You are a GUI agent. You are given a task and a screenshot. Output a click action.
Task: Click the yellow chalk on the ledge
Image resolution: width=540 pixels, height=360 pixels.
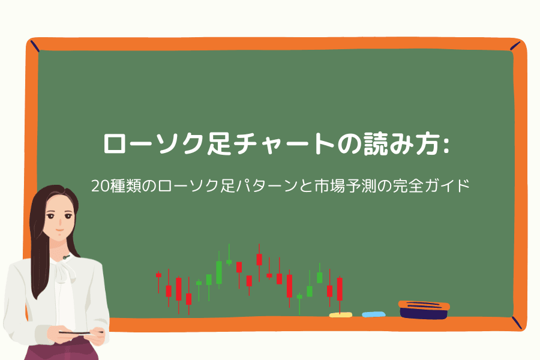click(341, 315)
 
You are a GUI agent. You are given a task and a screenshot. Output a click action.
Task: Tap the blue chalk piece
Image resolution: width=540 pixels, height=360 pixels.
click(374, 314)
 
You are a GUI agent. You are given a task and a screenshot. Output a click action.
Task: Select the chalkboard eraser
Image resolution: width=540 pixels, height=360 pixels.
click(424, 310)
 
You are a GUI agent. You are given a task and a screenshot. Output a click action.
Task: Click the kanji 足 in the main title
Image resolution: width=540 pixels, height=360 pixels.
click(218, 143)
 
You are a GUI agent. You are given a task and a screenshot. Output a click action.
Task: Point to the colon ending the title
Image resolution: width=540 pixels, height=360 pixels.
click(446, 143)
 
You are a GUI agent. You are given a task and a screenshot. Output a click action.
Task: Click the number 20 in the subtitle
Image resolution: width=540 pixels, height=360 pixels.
click(100, 186)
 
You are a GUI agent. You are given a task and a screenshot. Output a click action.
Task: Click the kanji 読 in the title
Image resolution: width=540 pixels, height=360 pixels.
click(376, 143)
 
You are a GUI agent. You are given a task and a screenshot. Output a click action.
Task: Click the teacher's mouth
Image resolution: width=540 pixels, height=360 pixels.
click(59, 230)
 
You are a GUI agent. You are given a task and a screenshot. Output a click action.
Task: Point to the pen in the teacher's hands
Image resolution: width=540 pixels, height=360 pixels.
click(81, 332)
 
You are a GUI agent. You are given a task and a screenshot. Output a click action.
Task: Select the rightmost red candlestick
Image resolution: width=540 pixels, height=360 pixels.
click(340, 295)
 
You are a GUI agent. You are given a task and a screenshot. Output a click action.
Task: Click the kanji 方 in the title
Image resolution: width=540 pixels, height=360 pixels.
click(427, 143)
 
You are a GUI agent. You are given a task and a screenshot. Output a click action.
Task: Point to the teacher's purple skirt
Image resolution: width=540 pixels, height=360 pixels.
click(62, 352)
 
